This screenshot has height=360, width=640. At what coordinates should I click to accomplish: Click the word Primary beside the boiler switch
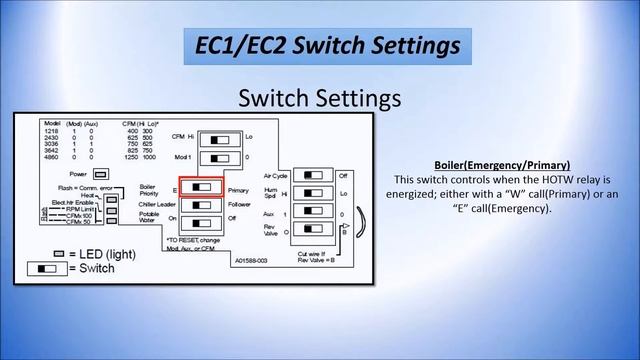pyautogui.click(x=238, y=189)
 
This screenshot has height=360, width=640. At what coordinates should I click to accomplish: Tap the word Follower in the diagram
pyautogui.click(x=240, y=204)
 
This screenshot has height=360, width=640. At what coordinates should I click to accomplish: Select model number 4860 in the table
pyautogui.click(x=53, y=157)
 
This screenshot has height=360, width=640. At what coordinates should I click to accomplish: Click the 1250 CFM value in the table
pyautogui.click(x=130, y=157)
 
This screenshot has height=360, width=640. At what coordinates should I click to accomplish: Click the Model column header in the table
pyautogui.click(x=52, y=123)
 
